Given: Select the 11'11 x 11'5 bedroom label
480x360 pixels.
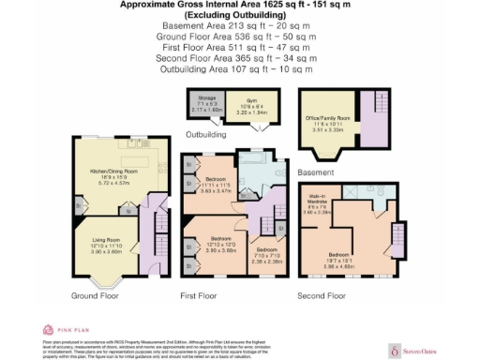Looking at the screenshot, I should point(217,186).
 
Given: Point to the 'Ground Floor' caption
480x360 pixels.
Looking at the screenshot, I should point(95,296).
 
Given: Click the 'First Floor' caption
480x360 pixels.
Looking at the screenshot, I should point(199,296).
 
